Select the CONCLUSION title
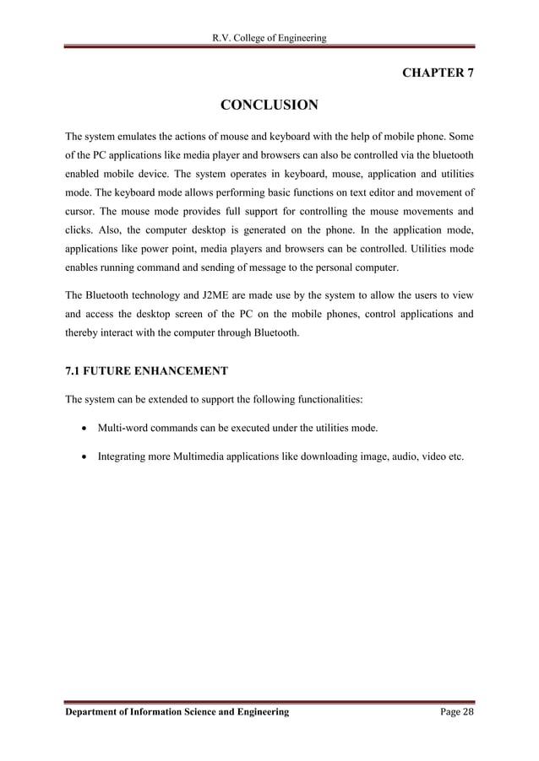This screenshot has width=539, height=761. coord(269,105)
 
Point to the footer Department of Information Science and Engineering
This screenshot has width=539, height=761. coord(177,712)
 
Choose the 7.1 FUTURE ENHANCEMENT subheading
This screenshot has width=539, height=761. coord(141,371)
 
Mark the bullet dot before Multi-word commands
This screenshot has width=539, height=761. coord(84,429)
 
